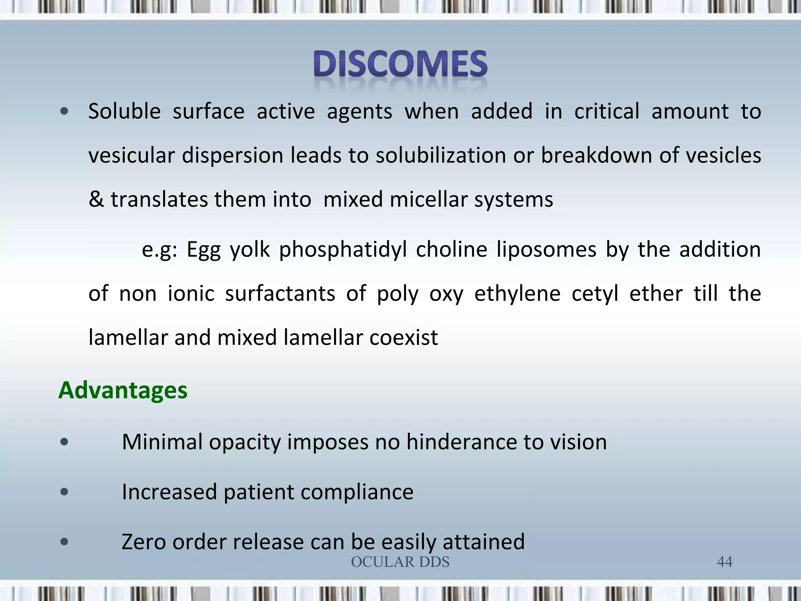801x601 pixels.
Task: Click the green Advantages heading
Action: [123, 390]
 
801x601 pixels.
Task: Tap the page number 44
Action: [724, 562]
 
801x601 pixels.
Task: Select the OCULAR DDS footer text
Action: [400, 562]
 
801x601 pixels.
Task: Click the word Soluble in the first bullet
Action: [124, 112]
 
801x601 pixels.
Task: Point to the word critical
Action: [607, 112]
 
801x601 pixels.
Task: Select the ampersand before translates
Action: [96, 200]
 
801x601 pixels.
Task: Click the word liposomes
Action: [546, 250]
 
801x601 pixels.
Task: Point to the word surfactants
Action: [280, 293]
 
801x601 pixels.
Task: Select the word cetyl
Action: [595, 294]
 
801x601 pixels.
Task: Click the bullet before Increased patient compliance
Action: [65, 492]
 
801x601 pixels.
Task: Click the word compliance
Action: [357, 493]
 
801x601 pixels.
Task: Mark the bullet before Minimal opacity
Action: [65, 442]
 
